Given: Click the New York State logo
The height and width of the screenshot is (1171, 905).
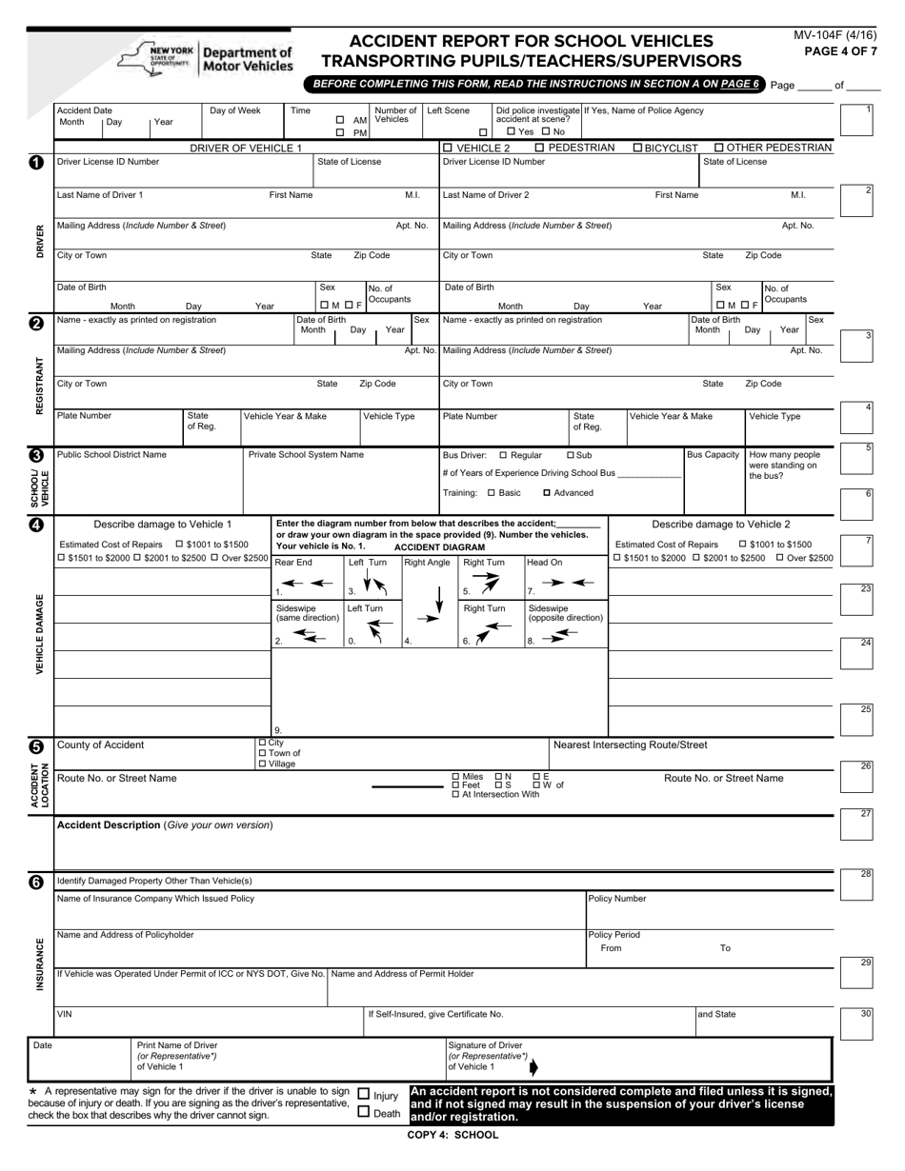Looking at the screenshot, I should [156, 57].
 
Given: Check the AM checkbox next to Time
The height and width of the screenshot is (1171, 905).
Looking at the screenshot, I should [340, 120].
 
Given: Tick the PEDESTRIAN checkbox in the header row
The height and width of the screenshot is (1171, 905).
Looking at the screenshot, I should [540, 148].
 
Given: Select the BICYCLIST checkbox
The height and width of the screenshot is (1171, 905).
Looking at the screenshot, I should [638, 148].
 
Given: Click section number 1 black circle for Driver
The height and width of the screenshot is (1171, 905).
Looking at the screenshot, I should [36, 163].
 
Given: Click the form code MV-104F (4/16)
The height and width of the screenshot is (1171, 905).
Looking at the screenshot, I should [835, 35].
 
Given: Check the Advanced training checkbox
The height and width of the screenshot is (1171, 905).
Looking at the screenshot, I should [547, 493].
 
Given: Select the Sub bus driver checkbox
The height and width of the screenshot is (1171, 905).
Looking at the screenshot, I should [571, 455].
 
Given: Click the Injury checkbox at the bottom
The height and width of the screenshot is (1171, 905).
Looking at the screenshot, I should [363, 1095].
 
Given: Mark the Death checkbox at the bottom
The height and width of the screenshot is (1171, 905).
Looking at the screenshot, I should [363, 1111].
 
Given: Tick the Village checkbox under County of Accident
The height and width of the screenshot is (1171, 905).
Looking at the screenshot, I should [263, 764].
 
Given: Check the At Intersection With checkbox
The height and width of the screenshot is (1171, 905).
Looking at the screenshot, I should [455, 794].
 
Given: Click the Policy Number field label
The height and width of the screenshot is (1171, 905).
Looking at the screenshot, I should [617, 898].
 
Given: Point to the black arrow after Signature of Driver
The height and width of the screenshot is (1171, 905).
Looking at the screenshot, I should [533, 1066].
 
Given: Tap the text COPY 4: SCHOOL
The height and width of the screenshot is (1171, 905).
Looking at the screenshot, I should [452, 1135].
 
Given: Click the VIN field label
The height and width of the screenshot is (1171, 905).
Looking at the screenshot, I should [64, 1014].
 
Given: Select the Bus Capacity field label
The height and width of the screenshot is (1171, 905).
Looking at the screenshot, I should [713, 455].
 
